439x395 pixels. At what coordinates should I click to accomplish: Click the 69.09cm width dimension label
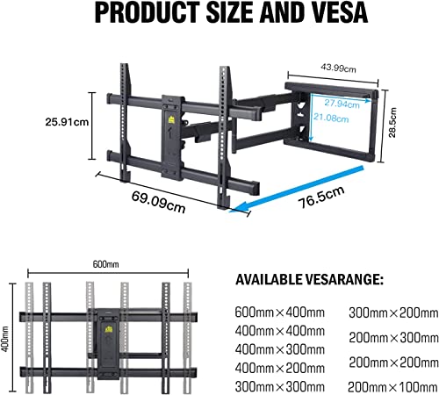[158, 202]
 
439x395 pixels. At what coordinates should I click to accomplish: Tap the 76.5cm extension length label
[321, 197]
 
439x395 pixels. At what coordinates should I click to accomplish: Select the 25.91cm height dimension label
[67, 122]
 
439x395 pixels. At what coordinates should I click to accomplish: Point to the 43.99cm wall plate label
[338, 68]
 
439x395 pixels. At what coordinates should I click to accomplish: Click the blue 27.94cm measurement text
[342, 104]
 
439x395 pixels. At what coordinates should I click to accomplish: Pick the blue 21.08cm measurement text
[331, 118]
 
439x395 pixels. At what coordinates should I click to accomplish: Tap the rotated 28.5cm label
[392, 122]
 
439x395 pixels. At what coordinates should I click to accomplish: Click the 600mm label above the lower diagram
[105, 264]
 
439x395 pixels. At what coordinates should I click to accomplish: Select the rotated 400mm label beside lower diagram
[6, 340]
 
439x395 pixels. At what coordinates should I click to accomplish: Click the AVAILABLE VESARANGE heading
[309, 279]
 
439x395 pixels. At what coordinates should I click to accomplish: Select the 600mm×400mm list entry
[280, 312]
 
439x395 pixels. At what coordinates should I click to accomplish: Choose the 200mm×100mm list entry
[392, 387]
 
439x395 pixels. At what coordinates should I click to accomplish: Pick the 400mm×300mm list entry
[280, 349]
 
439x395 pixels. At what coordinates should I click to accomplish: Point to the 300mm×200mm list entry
[393, 312]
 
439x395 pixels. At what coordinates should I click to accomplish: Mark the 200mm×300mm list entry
[393, 338]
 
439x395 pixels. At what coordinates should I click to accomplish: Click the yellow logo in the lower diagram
[109, 328]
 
